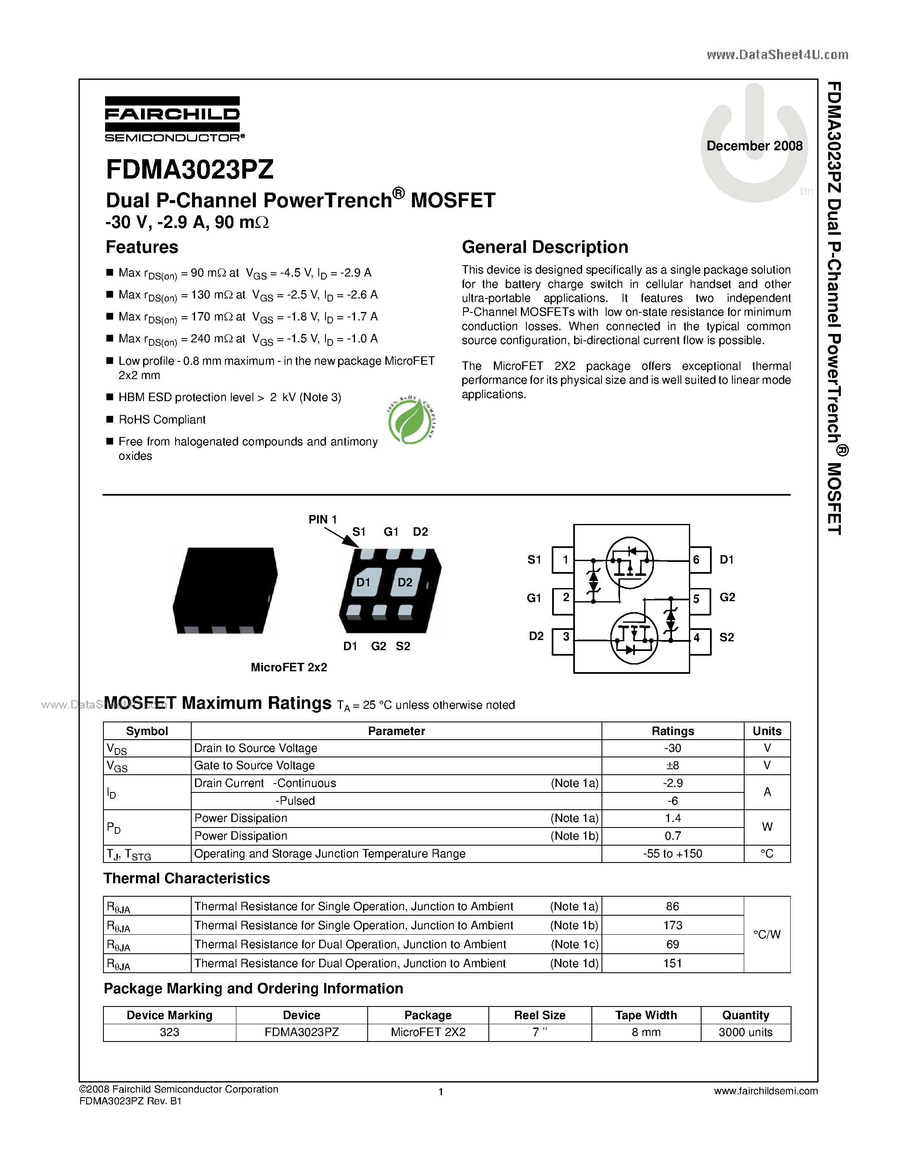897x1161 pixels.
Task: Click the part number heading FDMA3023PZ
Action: (x=190, y=170)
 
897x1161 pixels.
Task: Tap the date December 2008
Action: (x=754, y=146)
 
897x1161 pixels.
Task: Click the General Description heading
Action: (x=545, y=247)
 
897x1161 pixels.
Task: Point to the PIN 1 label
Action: (x=322, y=519)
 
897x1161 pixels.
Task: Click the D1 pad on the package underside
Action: (x=363, y=583)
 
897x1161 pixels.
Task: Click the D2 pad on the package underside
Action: (x=405, y=583)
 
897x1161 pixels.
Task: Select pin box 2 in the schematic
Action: (x=564, y=598)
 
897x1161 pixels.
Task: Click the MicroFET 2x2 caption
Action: (x=289, y=667)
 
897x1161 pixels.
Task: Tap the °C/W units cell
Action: (x=767, y=935)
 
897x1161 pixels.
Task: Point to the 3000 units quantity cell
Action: (x=745, y=1032)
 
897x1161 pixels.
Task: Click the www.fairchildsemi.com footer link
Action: (x=766, y=1091)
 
